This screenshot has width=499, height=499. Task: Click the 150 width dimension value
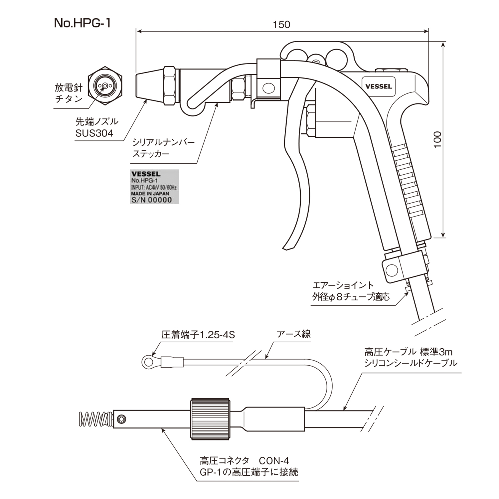coord(281,25)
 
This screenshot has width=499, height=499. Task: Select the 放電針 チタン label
coord(69,93)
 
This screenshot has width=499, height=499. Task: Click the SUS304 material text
coord(94,133)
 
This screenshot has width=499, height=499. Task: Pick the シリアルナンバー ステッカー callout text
coord(163,148)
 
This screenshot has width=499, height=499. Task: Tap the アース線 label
coord(294,334)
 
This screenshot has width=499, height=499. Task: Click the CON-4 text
coord(273,460)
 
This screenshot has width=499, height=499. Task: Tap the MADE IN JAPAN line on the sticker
coord(150,193)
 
